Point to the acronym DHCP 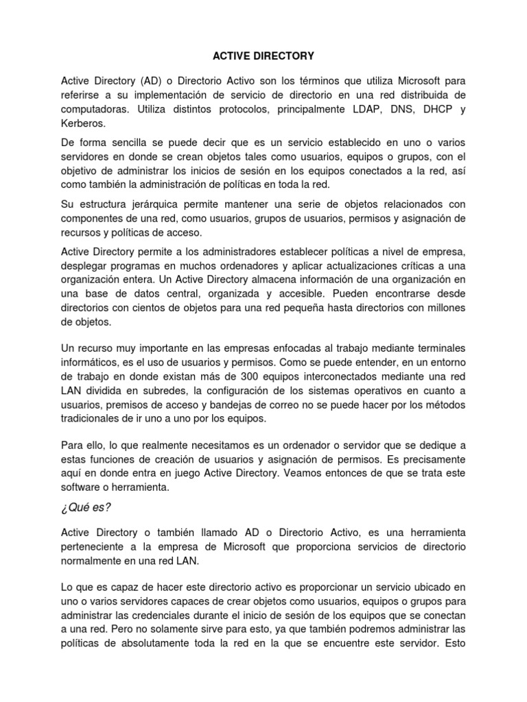(x=433, y=109)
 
